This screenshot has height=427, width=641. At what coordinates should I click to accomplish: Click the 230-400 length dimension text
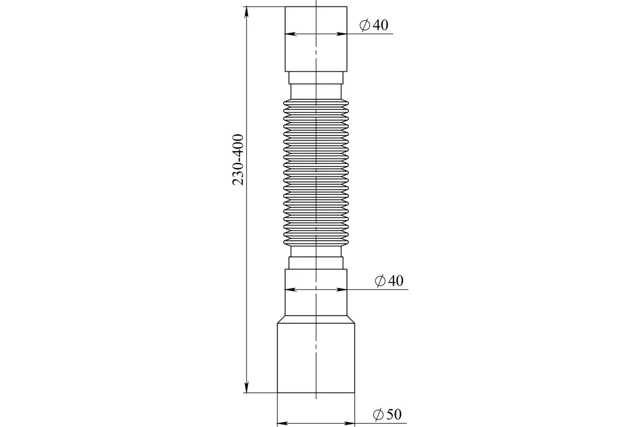tap(238, 160)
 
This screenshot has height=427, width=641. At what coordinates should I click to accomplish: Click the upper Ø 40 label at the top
tap(374, 25)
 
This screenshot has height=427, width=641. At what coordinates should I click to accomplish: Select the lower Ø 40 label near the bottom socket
tap(389, 281)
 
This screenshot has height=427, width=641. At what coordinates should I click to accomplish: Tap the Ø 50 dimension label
tap(387, 414)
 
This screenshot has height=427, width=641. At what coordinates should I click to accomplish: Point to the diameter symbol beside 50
tap(378, 415)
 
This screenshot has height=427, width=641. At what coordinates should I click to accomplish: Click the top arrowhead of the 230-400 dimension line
tap(246, 12)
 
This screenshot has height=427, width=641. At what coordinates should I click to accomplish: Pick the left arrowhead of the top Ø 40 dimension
tap(291, 34)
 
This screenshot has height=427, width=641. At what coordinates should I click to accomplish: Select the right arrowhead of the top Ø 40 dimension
tap(342, 34)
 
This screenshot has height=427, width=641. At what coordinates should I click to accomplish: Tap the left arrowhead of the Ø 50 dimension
tap(283, 423)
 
